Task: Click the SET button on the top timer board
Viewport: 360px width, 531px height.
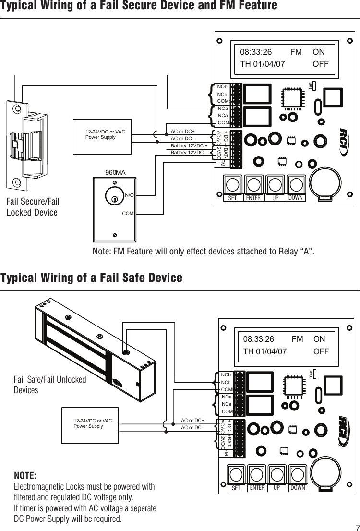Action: [232, 186]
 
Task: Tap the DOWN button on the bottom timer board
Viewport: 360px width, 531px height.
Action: [298, 475]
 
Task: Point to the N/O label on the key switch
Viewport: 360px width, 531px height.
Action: [129, 195]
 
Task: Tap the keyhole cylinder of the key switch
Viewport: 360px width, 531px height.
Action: [115, 198]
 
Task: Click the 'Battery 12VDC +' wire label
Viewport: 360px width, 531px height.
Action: [189, 145]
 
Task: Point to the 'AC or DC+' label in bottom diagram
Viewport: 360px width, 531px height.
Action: [192, 421]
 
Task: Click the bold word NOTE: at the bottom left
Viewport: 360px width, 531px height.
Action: [25, 476]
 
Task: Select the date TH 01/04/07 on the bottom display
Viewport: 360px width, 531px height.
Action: [265, 351]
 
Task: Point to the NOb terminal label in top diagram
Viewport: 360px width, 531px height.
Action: [222, 87]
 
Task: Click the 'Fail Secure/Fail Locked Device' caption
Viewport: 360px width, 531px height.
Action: [33, 207]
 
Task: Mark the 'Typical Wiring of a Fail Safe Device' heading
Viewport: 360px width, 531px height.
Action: [91, 278]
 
